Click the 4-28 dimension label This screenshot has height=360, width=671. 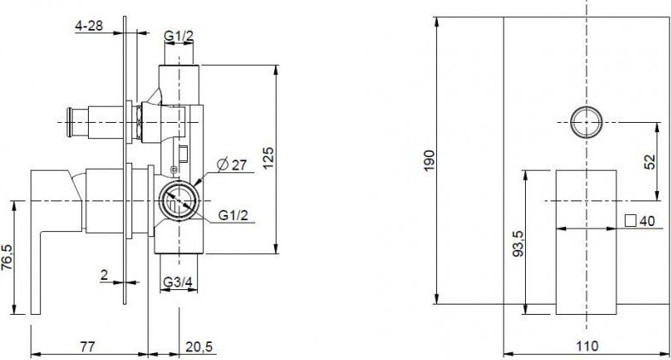pyautogui.click(x=89, y=26)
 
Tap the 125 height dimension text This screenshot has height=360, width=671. pyautogui.click(x=268, y=158)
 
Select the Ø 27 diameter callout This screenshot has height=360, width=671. pyautogui.click(x=232, y=165)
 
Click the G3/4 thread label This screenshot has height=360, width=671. pyautogui.click(x=178, y=282)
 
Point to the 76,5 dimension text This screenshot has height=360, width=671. pyautogui.click(x=7, y=258)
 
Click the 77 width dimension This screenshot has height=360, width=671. pyautogui.click(x=87, y=345)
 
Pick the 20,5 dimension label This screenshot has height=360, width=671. pyautogui.click(x=199, y=345)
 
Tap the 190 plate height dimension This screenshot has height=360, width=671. pyautogui.click(x=429, y=160)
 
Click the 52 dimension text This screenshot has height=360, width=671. pyautogui.click(x=649, y=161)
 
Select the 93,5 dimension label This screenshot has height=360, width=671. pyautogui.click(x=518, y=243)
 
